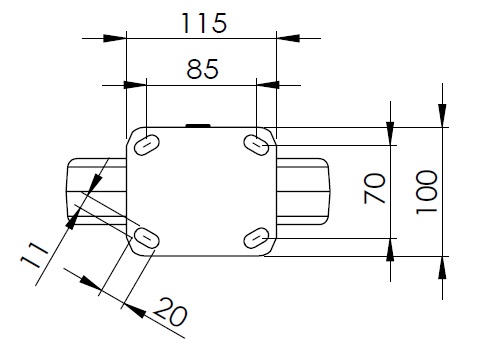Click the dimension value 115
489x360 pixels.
[x=204, y=23]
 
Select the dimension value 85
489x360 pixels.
[x=202, y=69]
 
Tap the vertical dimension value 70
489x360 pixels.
[x=375, y=188]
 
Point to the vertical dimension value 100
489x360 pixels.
[x=426, y=192]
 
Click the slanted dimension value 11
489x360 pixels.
[x=34, y=255]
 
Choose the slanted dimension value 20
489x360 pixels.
[x=171, y=312]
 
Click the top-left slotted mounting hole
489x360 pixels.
[x=147, y=144]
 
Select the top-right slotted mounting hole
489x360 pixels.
[x=256, y=145]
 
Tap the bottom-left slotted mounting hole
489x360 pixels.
[x=146, y=238]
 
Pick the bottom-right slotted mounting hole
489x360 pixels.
[x=256, y=238]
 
